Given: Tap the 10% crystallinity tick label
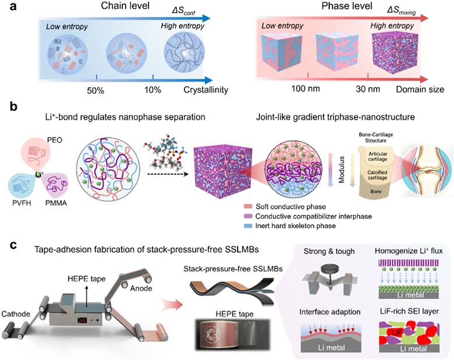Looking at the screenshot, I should (x=152, y=90).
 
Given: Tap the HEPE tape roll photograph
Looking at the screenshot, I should (x=233, y=330).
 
